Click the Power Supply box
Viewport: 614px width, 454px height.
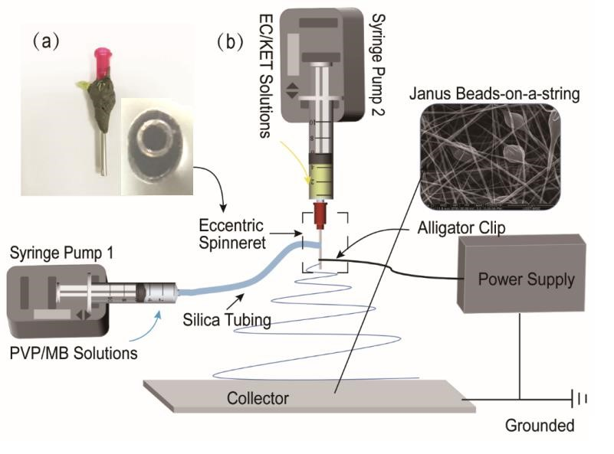coord(526,279)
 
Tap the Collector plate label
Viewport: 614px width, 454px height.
coord(258,399)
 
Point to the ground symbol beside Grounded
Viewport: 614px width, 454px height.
coord(580,399)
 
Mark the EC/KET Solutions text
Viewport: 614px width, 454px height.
coord(270,74)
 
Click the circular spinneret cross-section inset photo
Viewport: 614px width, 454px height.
coord(156,142)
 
